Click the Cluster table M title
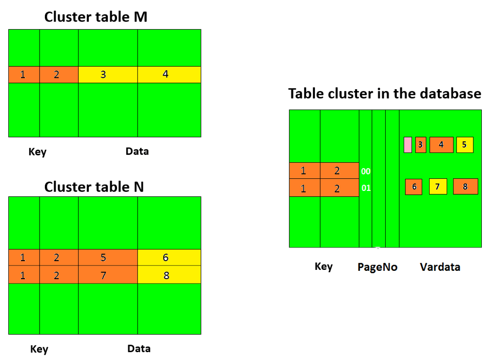96,17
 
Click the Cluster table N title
94,187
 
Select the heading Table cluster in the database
384,93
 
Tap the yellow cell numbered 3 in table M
108,75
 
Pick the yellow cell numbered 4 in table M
169,75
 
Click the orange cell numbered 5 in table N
108,258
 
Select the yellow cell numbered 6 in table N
169,258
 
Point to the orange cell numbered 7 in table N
108,275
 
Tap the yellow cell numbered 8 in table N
169,275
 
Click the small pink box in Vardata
408,145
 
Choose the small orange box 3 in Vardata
420,145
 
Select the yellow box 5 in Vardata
464,145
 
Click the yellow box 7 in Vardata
437,187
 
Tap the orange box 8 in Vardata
465,187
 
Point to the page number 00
366,171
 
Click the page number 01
366,188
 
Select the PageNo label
377,267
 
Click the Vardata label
440,266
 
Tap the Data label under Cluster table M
137,151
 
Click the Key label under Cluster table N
39,349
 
